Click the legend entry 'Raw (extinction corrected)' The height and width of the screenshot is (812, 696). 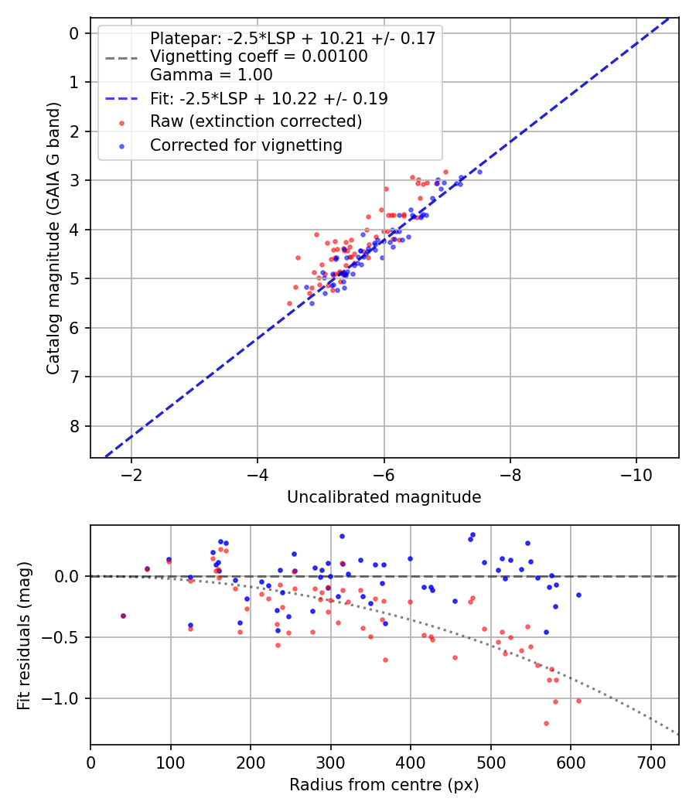point(256,121)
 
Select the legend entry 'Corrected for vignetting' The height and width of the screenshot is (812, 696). point(246,145)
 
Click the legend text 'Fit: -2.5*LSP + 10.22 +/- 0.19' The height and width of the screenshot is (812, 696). point(268,98)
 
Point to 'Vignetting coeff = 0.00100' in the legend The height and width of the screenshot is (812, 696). point(258,56)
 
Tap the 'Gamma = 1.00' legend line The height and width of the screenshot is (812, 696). point(211,75)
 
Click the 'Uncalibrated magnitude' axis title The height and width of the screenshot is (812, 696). point(384,496)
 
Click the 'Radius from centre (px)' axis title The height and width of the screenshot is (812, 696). point(384,785)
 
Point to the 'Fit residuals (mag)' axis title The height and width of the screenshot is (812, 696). point(24,635)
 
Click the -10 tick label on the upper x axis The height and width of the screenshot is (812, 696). point(636,473)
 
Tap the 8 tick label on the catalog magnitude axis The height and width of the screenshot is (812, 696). point(74,426)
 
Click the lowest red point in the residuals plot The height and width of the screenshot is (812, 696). point(546,723)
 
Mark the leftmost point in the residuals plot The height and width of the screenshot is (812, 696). point(123,616)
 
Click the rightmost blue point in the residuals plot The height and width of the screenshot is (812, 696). point(578,595)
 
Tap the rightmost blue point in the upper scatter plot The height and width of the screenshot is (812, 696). point(479,172)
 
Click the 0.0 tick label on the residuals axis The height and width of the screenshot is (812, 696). point(68,576)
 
